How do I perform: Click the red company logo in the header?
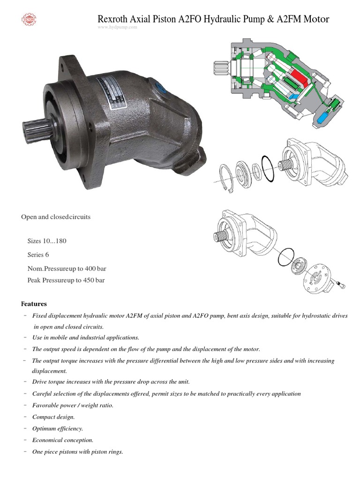(x=29, y=19)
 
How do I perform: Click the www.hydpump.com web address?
(x=117, y=27)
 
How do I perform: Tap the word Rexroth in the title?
(x=113, y=19)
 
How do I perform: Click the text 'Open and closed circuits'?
(x=56, y=217)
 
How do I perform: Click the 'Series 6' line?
(x=38, y=255)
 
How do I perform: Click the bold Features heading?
(x=34, y=304)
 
